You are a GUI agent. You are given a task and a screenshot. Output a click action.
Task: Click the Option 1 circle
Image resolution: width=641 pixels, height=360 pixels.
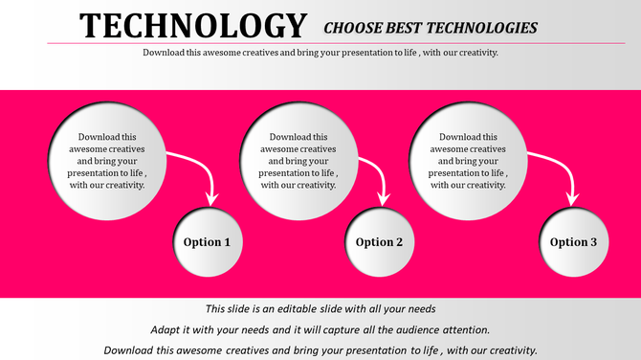coord(208,242)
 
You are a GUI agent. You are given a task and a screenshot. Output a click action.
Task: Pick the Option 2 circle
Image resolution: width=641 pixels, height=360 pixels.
coord(380,242)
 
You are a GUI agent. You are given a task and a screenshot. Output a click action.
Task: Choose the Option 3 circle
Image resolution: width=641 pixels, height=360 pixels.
coord(573,242)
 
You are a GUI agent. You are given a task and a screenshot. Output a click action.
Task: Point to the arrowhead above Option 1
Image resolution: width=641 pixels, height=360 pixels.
coord(212,198)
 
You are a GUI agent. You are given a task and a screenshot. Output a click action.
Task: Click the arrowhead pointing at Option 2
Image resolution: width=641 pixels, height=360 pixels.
coord(385,197)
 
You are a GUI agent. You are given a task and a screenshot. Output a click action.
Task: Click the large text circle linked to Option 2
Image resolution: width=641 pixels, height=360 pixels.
coord(298,161)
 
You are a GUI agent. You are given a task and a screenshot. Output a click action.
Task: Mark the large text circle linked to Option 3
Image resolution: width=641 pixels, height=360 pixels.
coord(467,161)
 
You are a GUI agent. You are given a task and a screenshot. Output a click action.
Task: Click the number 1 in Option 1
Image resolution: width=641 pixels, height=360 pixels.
coord(227,242)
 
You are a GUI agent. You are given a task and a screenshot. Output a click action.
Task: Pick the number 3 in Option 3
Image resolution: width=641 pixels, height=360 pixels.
coord(593,242)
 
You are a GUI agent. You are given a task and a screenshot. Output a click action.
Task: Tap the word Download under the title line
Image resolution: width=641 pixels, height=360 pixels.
coord(165,53)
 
